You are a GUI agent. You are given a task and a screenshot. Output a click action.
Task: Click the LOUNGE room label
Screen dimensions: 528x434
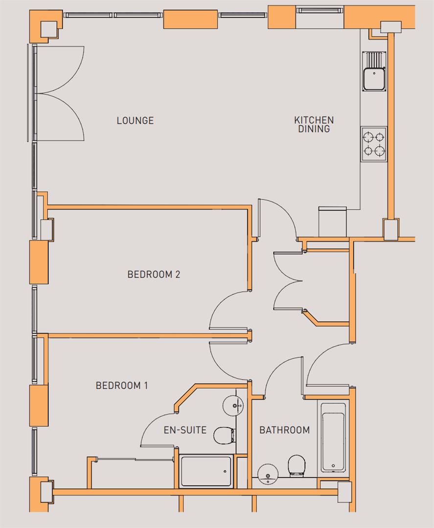click(135, 120)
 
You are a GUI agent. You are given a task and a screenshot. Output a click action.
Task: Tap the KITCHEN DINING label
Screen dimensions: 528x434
click(314, 124)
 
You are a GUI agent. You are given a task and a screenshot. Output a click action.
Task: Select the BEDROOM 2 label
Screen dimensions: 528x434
click(154, 274)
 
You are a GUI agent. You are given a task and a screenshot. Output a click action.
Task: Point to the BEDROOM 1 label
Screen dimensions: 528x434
click(122, 386)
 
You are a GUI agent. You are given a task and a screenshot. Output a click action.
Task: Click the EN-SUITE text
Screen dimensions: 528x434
click(185, 430)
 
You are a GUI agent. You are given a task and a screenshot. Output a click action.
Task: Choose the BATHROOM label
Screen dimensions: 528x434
click(284, 430)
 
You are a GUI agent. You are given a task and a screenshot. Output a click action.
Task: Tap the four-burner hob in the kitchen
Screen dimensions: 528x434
click(374, 144)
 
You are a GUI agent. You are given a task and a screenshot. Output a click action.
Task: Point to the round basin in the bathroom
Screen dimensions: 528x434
click(268, 474)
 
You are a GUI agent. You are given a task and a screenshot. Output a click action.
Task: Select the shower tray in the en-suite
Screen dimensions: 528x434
click(205, 471)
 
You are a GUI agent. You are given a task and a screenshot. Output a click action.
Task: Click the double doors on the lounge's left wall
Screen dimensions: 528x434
click(59, 93)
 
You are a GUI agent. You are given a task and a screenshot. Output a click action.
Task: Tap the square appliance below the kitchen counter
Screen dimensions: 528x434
click(333, 221)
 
